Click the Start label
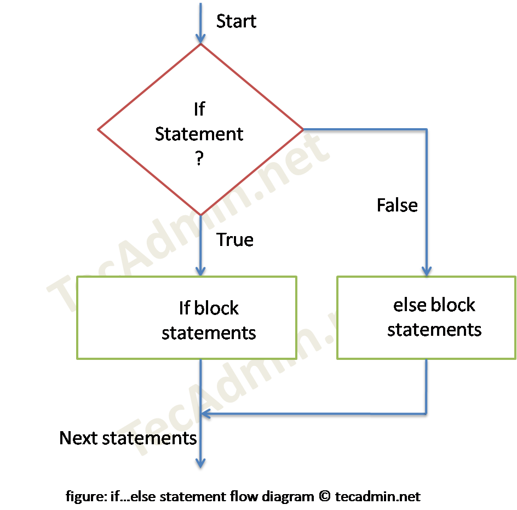(x=236, y=21)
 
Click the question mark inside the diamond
(x=199, y=159)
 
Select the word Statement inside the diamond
(x=199, y=134)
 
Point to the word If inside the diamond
(x=199, y=110)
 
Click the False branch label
(x=397, y=205)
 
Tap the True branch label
(x=235, y=240)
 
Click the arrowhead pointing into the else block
(x=427, y=270)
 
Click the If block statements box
(x=186, y=318)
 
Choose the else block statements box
(x=427, y=318)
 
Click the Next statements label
(x=128, y=438)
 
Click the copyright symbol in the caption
(x=324, y=497)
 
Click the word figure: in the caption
(x=84, y=497)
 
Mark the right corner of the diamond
(x=302, y=130)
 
